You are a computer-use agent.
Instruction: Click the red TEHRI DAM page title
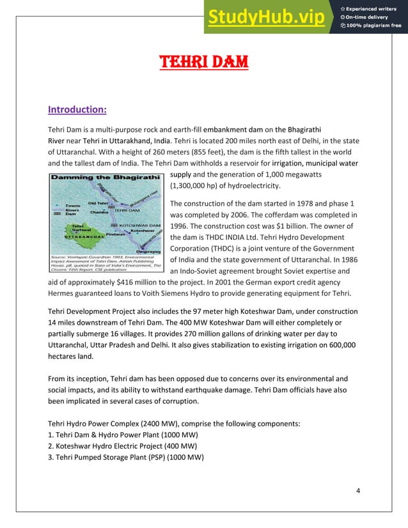click(203, 63)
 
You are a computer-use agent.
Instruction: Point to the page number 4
click(358, 490)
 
